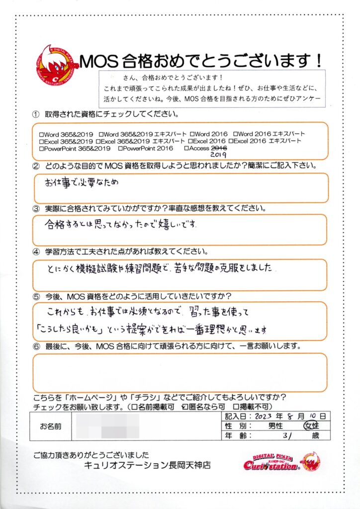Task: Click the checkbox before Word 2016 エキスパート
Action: click(235, 134)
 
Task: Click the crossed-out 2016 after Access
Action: click(219, 148)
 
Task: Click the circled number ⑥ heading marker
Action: click(36, 345)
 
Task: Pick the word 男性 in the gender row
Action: click(276, 426)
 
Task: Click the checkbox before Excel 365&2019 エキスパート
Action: click(101, 141)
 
